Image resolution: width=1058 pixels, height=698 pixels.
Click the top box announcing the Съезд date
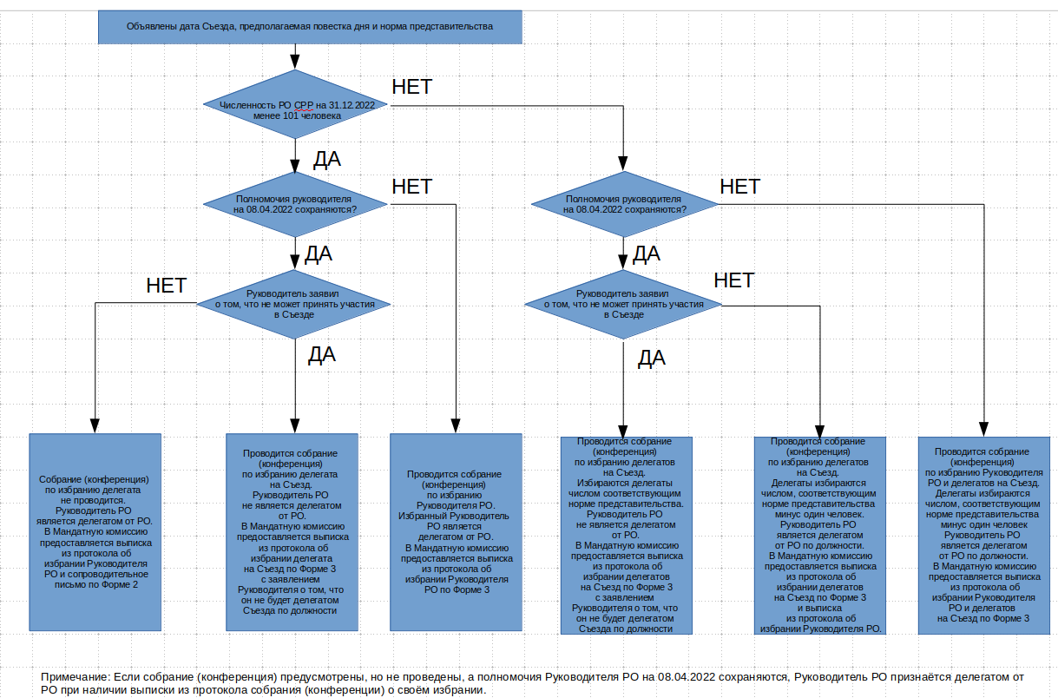(310, 27)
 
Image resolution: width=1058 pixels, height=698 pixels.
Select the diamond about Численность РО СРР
(295, 104)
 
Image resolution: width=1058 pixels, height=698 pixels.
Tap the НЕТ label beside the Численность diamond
(412, 87)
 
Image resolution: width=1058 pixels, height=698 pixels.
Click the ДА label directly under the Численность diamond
(327, 159)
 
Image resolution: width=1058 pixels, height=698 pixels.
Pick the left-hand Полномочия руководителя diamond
(295, 204)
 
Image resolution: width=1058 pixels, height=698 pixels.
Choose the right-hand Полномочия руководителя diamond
(624, 204)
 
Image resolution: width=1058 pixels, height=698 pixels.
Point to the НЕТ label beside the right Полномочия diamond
(739, 187)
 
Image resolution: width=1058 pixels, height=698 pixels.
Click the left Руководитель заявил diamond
(293, 305)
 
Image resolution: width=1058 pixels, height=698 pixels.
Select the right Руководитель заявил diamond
(623, 305)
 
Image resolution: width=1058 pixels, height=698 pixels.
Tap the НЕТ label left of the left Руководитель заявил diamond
(167, 286)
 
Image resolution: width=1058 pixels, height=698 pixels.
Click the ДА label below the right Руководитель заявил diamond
(651, 359)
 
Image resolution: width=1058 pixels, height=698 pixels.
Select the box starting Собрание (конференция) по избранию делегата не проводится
(95, 532)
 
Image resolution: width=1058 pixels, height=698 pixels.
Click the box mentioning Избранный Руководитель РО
(456, 532)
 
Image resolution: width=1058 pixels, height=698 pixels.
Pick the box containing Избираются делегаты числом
(627, 536)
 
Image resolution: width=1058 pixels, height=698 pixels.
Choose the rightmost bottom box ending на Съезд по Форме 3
(983, 536)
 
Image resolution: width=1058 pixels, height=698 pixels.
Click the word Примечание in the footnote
(76, 677)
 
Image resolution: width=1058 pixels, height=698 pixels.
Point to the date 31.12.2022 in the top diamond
(352, 105)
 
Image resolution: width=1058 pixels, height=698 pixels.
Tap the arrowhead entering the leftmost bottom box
(95, 425)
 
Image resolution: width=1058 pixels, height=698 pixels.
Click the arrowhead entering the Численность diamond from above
(295, 62)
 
